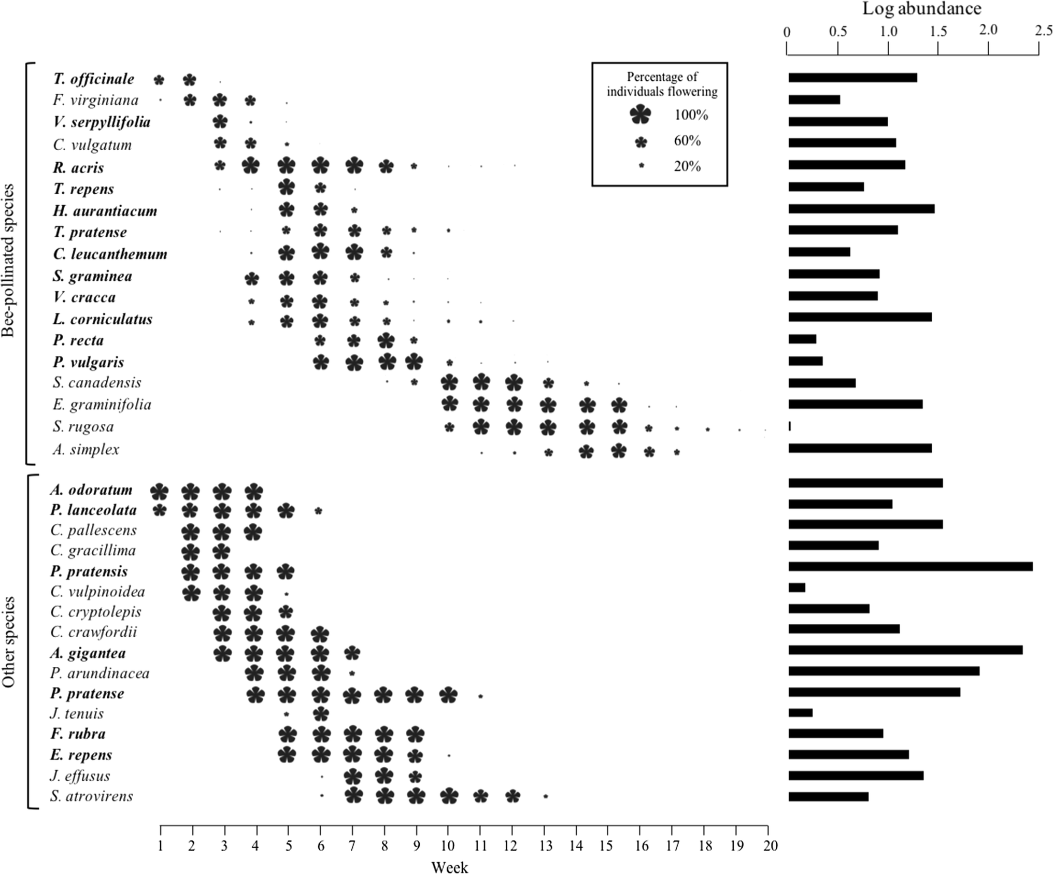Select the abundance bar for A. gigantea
[905, 650]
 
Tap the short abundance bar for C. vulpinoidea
[797, 588]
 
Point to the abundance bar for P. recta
[802, 339]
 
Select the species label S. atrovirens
[92, 796]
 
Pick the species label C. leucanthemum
[110, 254]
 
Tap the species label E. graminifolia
[102, 404]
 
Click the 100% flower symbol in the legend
[641, 114]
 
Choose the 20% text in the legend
[687, 166]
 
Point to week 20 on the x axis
[771, 846]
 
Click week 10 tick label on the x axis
[448, 846]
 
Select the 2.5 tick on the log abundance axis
[1043, 31]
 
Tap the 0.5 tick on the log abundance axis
[837, 32]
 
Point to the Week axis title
[449, 867]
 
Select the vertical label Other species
[8, 642]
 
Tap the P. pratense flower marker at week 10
[448, 695]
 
